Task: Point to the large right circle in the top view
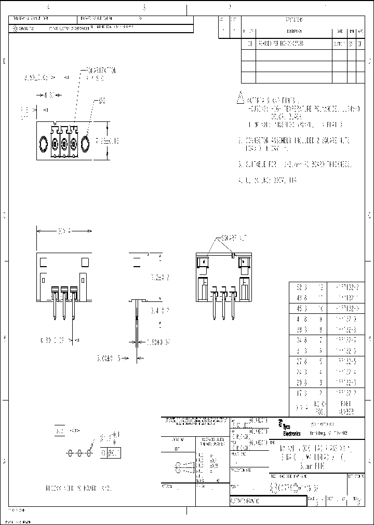click(x=86, y=143)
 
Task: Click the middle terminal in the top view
click(x=64, y=143)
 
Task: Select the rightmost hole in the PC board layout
click(x=89, y=452)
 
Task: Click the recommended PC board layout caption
click(x=78, y=489)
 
